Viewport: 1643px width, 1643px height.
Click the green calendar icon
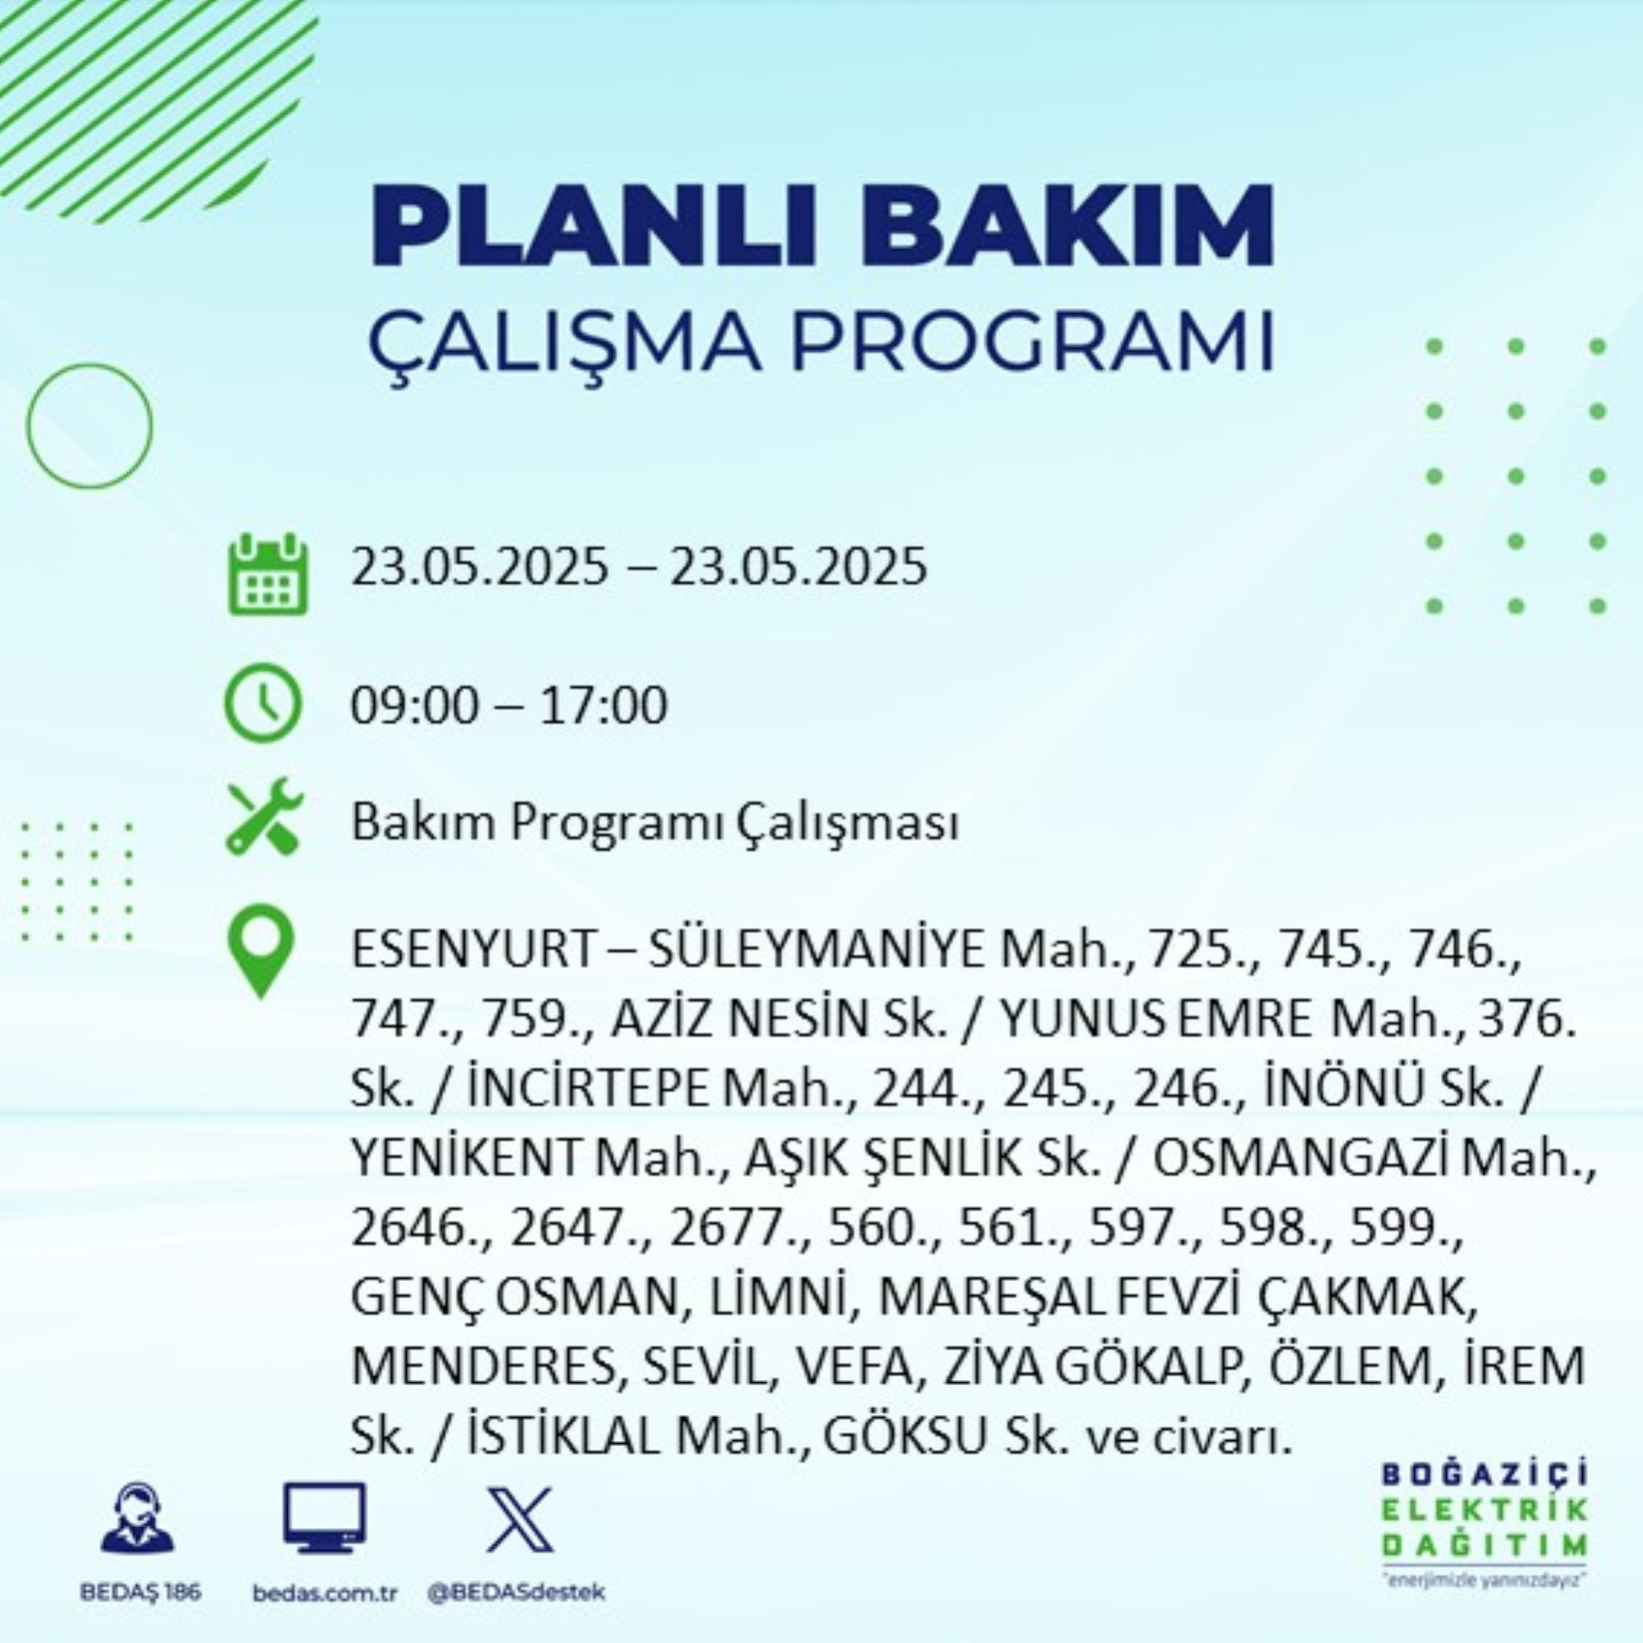(268, 574)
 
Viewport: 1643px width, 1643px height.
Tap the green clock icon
(263, 703)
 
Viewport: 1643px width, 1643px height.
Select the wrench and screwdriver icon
(265, 818)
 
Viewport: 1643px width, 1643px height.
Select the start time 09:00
(415, 705)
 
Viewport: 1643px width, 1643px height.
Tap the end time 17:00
(603, 705)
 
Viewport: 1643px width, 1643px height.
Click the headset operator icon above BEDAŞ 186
(138, 1518)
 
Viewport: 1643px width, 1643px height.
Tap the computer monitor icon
(325, 1517)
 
